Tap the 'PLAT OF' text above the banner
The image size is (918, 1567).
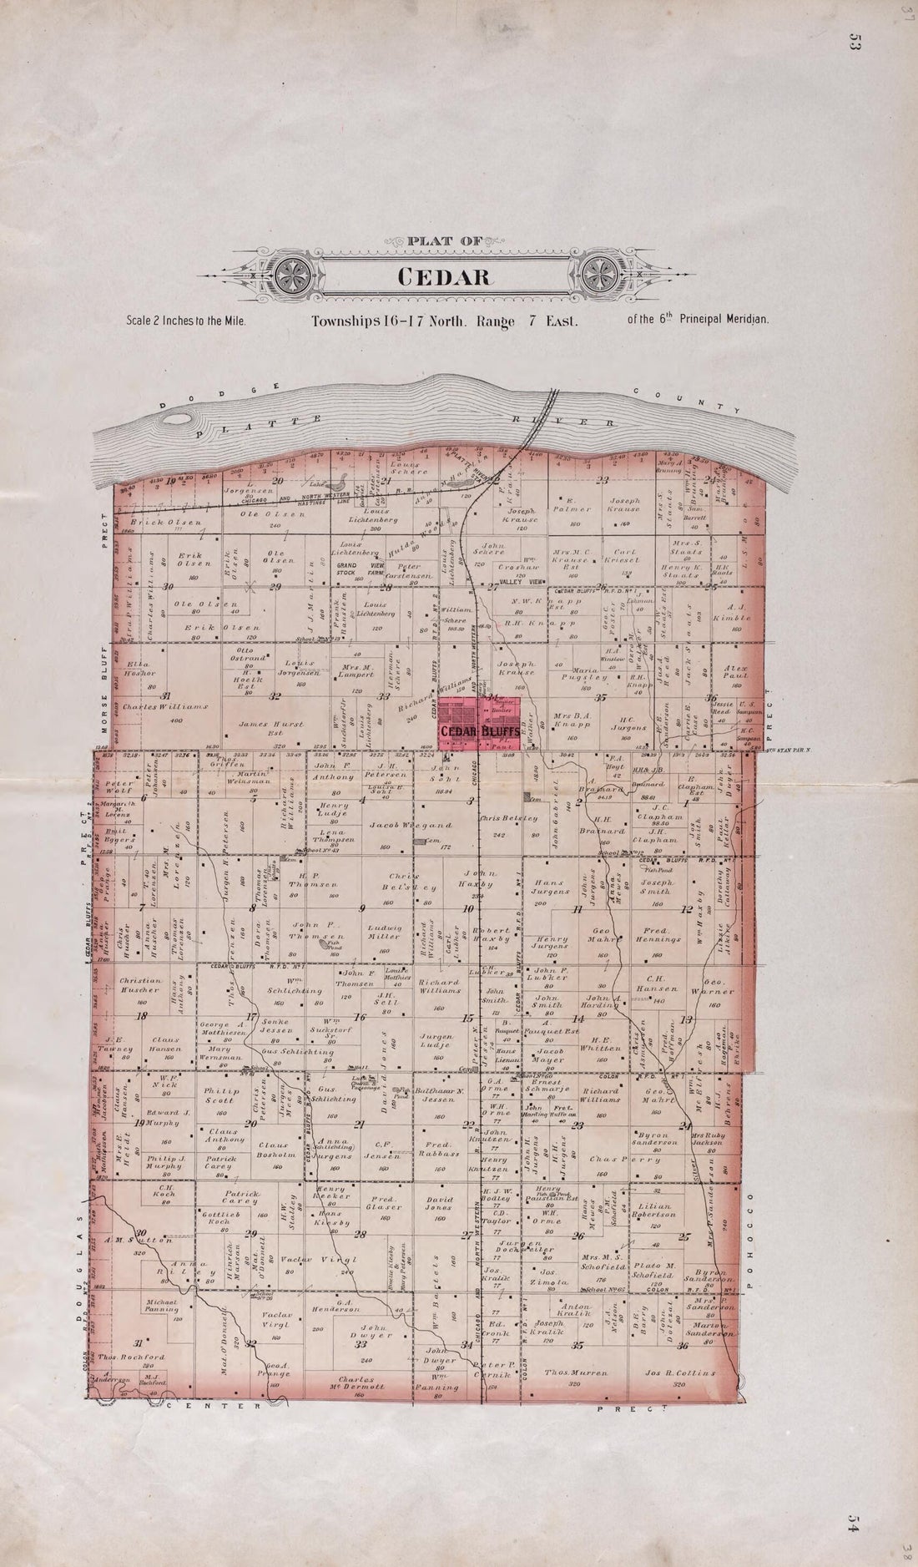click(445, 242)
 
